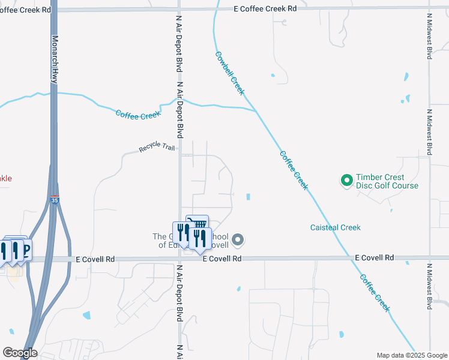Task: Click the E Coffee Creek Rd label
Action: (x=265, y=8)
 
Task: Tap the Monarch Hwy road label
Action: (x=54, y=58)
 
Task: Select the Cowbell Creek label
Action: (x=230, y=73)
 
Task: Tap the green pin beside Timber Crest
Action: (x=346, y=180)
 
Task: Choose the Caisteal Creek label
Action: (x=336, y=227)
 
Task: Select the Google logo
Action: (x=20, y=352)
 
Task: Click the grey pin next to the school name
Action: (x=238, y=241)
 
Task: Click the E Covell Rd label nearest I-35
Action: (x=95, y=259)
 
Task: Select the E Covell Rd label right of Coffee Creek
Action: (x=375, y=257)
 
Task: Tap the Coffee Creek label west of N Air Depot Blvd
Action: (x=138, y=115)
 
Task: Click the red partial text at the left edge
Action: (x=5, y=178)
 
